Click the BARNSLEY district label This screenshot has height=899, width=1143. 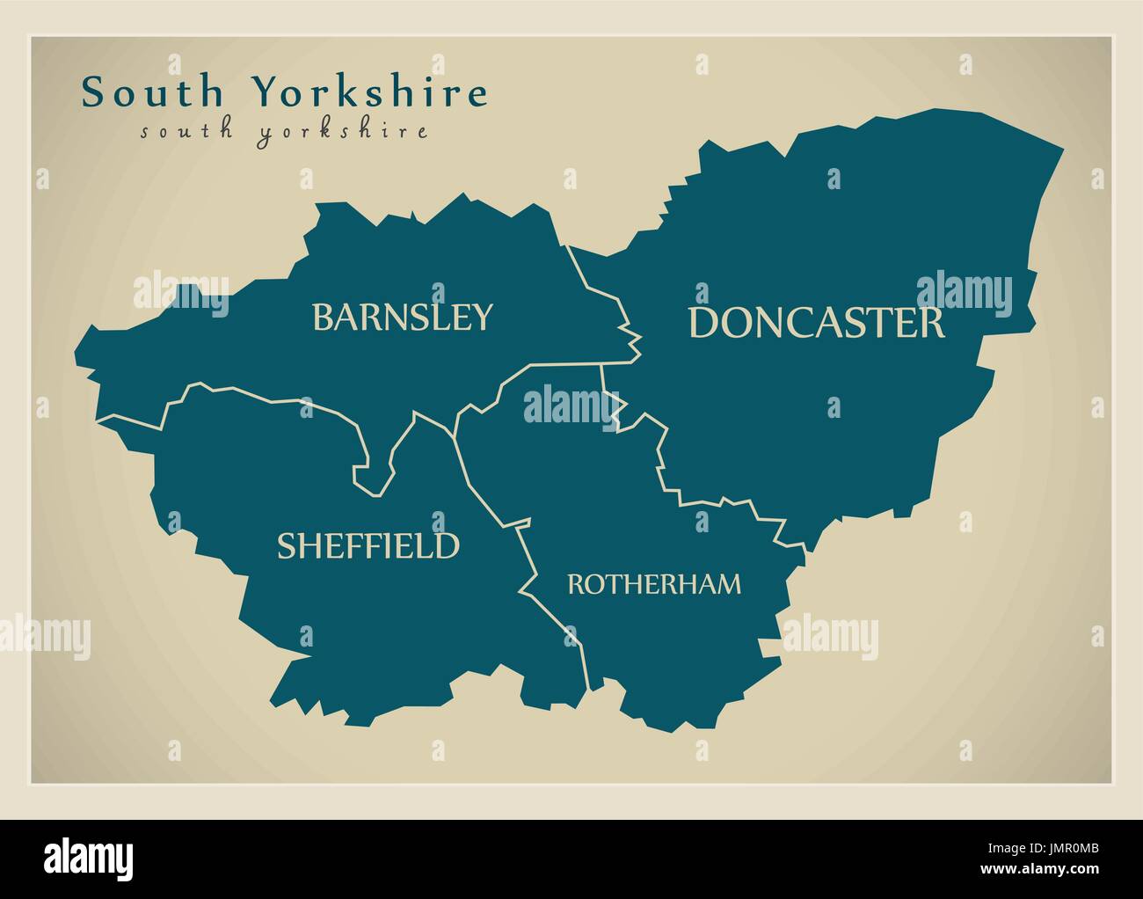(403, 317)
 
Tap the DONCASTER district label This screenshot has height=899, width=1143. (816, 323)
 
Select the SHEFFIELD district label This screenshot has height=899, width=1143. (368, 545)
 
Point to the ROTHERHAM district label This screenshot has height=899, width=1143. (654, 583)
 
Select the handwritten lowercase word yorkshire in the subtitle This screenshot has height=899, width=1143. (344, 133)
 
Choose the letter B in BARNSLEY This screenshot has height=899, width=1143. (323, 317)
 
